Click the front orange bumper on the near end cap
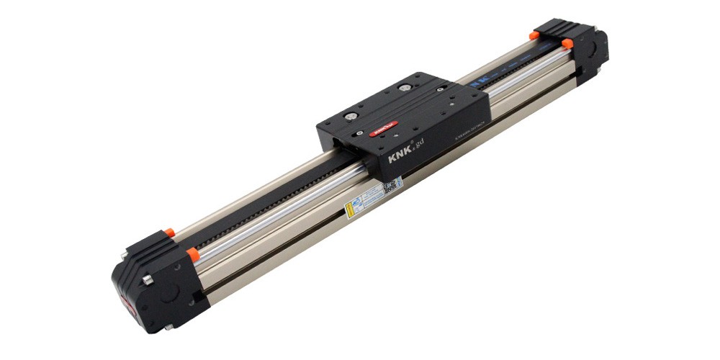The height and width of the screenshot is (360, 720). click(x=192, y=253)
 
